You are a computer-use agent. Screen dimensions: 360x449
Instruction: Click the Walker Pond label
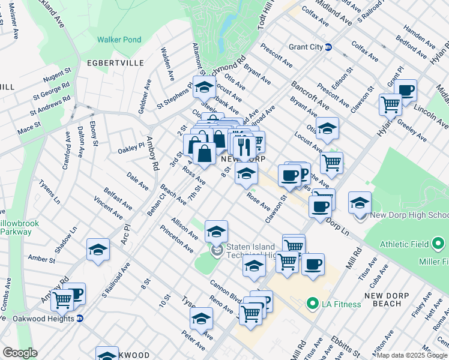(119, 40)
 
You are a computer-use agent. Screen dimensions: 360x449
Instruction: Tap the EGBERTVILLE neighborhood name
(115, 62)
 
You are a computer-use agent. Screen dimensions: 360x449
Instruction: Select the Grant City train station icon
(328, 47)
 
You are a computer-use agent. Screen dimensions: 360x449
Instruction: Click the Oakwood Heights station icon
(80, 318)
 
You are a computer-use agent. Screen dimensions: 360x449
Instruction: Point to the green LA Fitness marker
(311, 304)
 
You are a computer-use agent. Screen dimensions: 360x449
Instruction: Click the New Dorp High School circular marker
(362, 215)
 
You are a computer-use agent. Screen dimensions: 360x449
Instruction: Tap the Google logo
(19, 352)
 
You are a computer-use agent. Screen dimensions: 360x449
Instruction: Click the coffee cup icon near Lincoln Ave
(406, 91)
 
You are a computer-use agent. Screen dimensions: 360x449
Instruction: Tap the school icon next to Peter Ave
(201, 319)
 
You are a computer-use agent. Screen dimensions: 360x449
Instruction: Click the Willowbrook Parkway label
(18, 227)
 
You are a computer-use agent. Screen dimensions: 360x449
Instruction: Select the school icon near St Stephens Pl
(204, 87)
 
